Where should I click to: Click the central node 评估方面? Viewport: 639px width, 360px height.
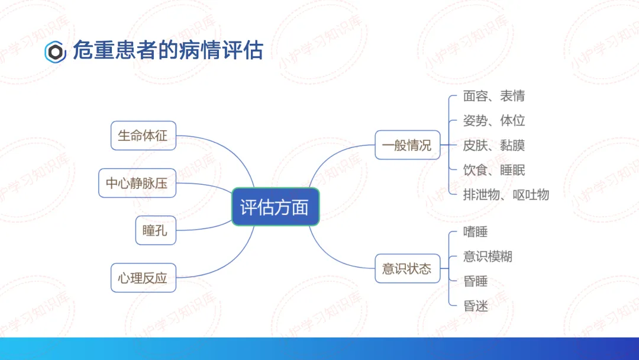click(x=276, y=207)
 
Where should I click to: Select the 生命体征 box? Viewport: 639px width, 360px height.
click(x=143, y=136)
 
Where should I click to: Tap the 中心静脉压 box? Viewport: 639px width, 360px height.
click(x=137, y=183)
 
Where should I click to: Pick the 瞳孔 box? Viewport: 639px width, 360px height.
click(x=156, y=230)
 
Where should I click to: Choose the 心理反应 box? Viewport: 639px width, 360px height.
click(x=143, y=278)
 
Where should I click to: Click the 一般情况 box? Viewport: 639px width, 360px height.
click(x=408, y=144)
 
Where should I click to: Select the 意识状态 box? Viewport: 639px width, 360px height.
click(x=408, y=268)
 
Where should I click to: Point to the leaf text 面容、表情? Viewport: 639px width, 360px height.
click(x=494, y=96)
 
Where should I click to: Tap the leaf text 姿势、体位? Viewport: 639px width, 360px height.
click(x=494, y=121)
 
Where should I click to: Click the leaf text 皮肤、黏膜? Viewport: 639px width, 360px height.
click(x=494, y=145)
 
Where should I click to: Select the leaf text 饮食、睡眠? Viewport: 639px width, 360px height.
click(x=494, y=170)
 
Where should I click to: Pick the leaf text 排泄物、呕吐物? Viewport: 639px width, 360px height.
click(x=506, y=195)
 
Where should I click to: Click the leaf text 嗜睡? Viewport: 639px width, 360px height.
click(x=476, y=232)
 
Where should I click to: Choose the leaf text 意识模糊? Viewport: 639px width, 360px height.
click(x=488, y=256)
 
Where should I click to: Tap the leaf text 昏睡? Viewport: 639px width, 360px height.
click(x=476, y=281)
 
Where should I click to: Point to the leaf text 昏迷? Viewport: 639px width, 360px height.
click(x=476, y=306)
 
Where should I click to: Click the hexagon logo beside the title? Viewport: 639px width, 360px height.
click(x=56, y=52)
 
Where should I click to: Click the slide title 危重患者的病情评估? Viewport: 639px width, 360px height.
click(x=168, y=50)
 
